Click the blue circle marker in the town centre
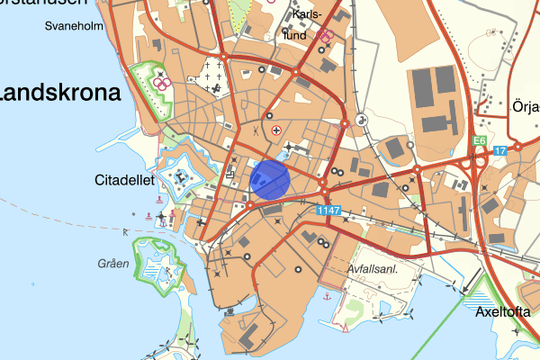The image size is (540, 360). coord(269,178)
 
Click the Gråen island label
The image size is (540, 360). coord(114,264)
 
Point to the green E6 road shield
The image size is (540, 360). coord(481,141)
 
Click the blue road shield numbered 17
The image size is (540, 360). coord(501,149)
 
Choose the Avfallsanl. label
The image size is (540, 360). coord(372,269)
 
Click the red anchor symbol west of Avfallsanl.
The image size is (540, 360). coord(328,294)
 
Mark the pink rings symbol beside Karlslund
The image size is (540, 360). coord(325,36)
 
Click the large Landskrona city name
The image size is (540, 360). coord(60,94)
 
